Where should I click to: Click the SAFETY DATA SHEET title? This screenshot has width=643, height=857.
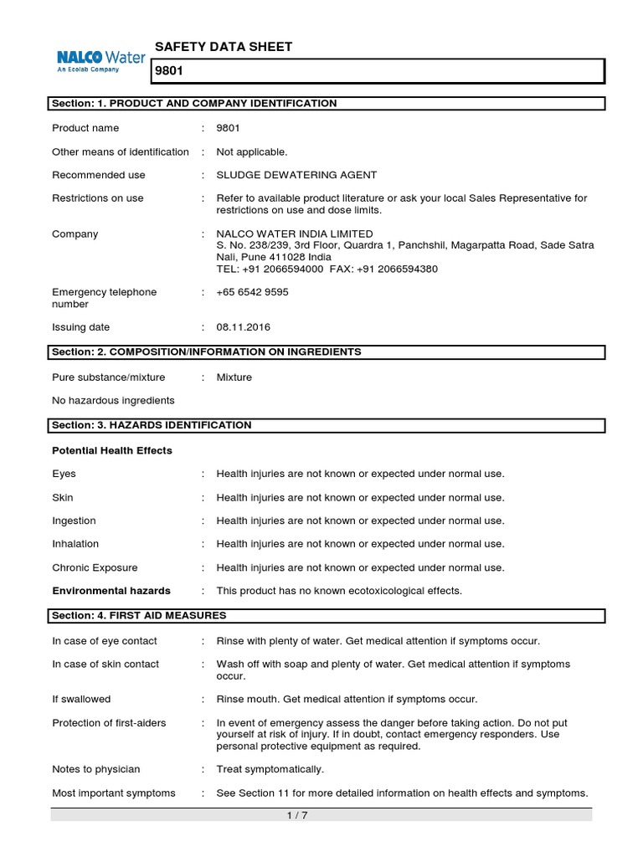(224, 47)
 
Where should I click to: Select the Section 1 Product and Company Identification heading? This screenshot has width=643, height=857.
(194, 104)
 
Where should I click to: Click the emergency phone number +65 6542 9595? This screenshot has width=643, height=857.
(253, 292)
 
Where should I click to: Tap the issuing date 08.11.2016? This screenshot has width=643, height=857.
(244, 327)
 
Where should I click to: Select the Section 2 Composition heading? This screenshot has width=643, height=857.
(206, 352)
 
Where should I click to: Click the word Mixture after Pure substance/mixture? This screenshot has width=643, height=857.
(234, 377)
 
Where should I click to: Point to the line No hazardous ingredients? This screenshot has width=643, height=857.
(113, 401)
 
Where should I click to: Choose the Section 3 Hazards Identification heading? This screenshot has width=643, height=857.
(152, 426)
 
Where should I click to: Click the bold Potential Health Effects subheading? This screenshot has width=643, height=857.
(112, 451)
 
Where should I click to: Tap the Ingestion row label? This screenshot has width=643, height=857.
(74, 521)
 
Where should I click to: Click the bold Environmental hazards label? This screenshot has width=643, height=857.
(111, 591)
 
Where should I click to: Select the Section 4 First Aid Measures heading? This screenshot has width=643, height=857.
(139, 616)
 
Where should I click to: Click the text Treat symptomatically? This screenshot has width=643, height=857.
(270, 769)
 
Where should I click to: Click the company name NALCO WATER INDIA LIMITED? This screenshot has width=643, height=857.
(295, 233)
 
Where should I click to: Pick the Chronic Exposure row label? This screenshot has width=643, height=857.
(95, 567)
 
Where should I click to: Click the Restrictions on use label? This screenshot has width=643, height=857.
(97, 198)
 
